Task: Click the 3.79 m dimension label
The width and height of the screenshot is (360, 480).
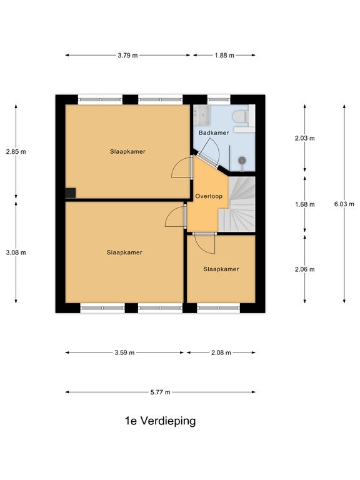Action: pos(127,56)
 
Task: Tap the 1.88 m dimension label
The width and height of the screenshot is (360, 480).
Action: pos(224,56)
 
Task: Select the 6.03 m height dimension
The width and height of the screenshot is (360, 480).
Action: pos(344,204)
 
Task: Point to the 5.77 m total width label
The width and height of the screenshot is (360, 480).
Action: pos(160,392)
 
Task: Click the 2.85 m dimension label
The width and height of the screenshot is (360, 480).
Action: pos(16,151)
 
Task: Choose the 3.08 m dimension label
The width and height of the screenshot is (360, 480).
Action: pos(16,252)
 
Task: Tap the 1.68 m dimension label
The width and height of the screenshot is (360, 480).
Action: pos(304,204)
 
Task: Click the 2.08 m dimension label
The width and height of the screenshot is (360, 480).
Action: pos(221,352)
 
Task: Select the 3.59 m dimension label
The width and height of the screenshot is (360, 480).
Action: pos(124,352)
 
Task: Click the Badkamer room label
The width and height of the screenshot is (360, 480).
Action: pos(214,133)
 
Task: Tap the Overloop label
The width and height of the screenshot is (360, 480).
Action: pos(209,196)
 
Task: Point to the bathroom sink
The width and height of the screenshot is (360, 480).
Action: pos(201,115)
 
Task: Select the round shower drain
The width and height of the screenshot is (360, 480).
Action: pos(242,160)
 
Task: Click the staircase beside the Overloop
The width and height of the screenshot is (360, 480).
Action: pos(237,204)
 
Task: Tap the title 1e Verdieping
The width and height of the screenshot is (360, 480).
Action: pos(160,421)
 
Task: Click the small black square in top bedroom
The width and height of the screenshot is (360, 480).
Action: pos(71,193)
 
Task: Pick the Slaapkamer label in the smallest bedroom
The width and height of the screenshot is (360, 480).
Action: pos(221,269)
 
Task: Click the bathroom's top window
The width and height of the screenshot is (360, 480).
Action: pos(219,99)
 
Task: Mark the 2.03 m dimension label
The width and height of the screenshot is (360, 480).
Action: pos(304,138)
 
